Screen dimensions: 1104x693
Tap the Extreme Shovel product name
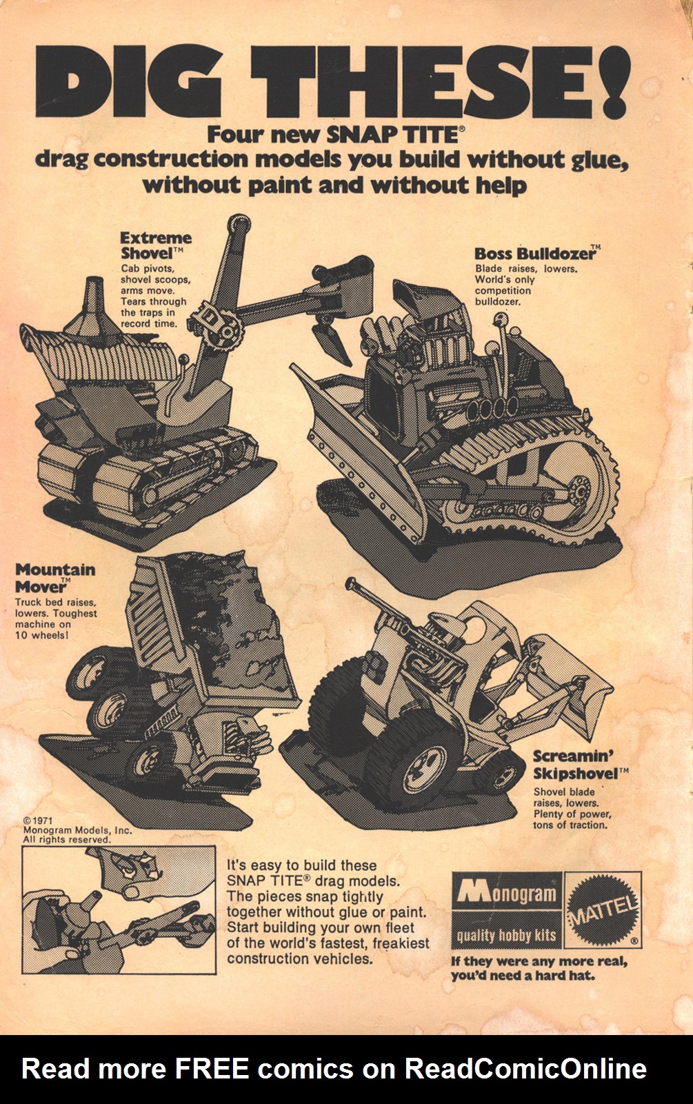[x=155, y=245]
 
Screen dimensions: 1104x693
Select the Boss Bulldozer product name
[x=536, y=253]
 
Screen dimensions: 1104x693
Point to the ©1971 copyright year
[x=38, y=821]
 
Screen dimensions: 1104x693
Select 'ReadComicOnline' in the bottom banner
[x=525, y=1070]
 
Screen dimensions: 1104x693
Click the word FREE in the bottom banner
[x=211, y=1070]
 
